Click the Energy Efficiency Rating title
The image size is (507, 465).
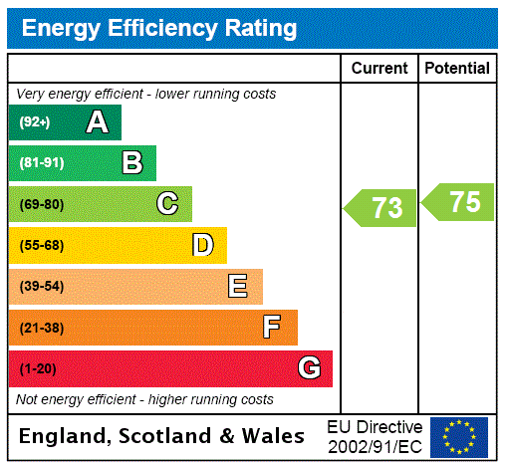click(x=159, y=29)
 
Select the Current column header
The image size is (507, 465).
click(x=380, y=69)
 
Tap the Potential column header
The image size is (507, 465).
click(x=457, y=69)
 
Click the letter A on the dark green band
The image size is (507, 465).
click(x=97, y=122)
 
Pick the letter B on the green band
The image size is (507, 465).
click(x=131, y=163)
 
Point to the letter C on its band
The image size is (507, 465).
click(x=167, y=204)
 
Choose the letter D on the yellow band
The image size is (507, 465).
click(x=202, y=245)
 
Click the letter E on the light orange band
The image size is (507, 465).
click(x=238, y=287)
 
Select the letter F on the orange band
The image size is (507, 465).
click(x=272, y=328)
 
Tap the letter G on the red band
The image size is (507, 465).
click(x=309, y=368)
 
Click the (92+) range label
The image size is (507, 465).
click(x=35, y=122)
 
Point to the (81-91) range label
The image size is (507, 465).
click(x=41, y=163)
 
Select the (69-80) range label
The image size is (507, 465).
click(x=41, y=204)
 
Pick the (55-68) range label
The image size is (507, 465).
click(x=41, y=245)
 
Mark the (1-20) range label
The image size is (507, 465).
click(x=38, y=368)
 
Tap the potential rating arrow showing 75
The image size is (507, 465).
click(x=460, y=202)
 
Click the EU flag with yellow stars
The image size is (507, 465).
click(x=459, y=436)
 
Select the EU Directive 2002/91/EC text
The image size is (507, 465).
click(x=375, y=436)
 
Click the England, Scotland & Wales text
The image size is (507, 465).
click(x=162, y=436)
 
